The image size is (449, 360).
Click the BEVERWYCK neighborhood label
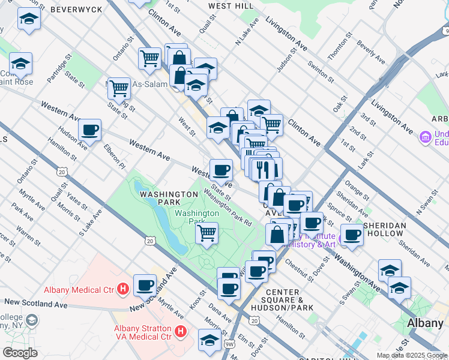point(76,10)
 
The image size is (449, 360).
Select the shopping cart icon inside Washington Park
point(206,232)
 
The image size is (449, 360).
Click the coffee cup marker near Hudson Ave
point(89,129)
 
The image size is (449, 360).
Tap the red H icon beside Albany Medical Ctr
point(123,290)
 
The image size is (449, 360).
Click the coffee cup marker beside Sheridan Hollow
point(352,234)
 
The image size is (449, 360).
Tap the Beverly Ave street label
point(371,53)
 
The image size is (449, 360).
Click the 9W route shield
point(230,343)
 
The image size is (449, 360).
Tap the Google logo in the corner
point(20,353)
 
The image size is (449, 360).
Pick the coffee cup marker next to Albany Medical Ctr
point(145,284)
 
